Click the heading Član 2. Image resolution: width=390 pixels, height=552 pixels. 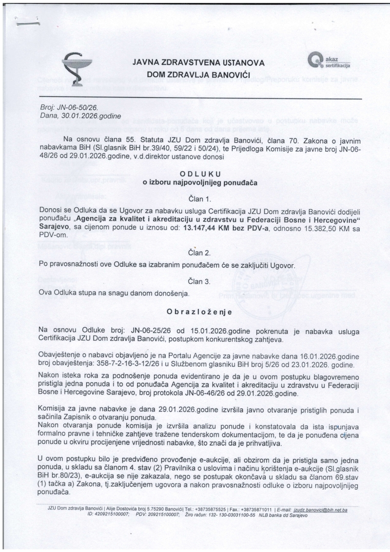pos(200,253)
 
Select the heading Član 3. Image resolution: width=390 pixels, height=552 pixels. pos(200,281)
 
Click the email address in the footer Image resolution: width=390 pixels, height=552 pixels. pos(324,510)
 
